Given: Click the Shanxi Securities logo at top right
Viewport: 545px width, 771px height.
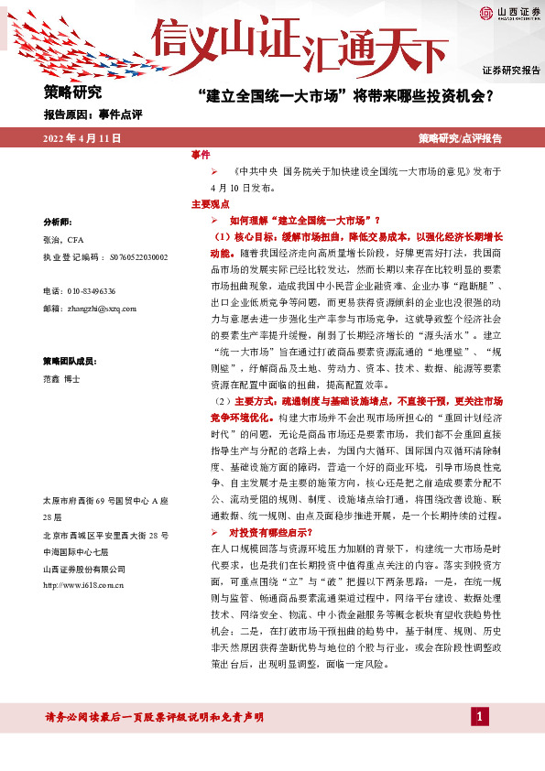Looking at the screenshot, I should (506, 12).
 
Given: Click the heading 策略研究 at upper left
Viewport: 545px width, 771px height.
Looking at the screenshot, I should (72, 92).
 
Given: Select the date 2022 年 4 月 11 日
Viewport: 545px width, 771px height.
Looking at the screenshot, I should (81, 138).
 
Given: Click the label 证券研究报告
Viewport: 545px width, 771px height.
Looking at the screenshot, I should (511, 71).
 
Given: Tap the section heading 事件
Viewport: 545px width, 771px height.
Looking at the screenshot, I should (201, 154).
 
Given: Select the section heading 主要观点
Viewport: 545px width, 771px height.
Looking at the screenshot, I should (210, 204).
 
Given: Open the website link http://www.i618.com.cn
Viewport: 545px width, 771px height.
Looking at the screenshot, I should (83, 584).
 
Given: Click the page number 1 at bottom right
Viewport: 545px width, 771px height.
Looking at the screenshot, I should (477, 716).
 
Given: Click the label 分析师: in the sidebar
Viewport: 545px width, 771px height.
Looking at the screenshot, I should (60, 223).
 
